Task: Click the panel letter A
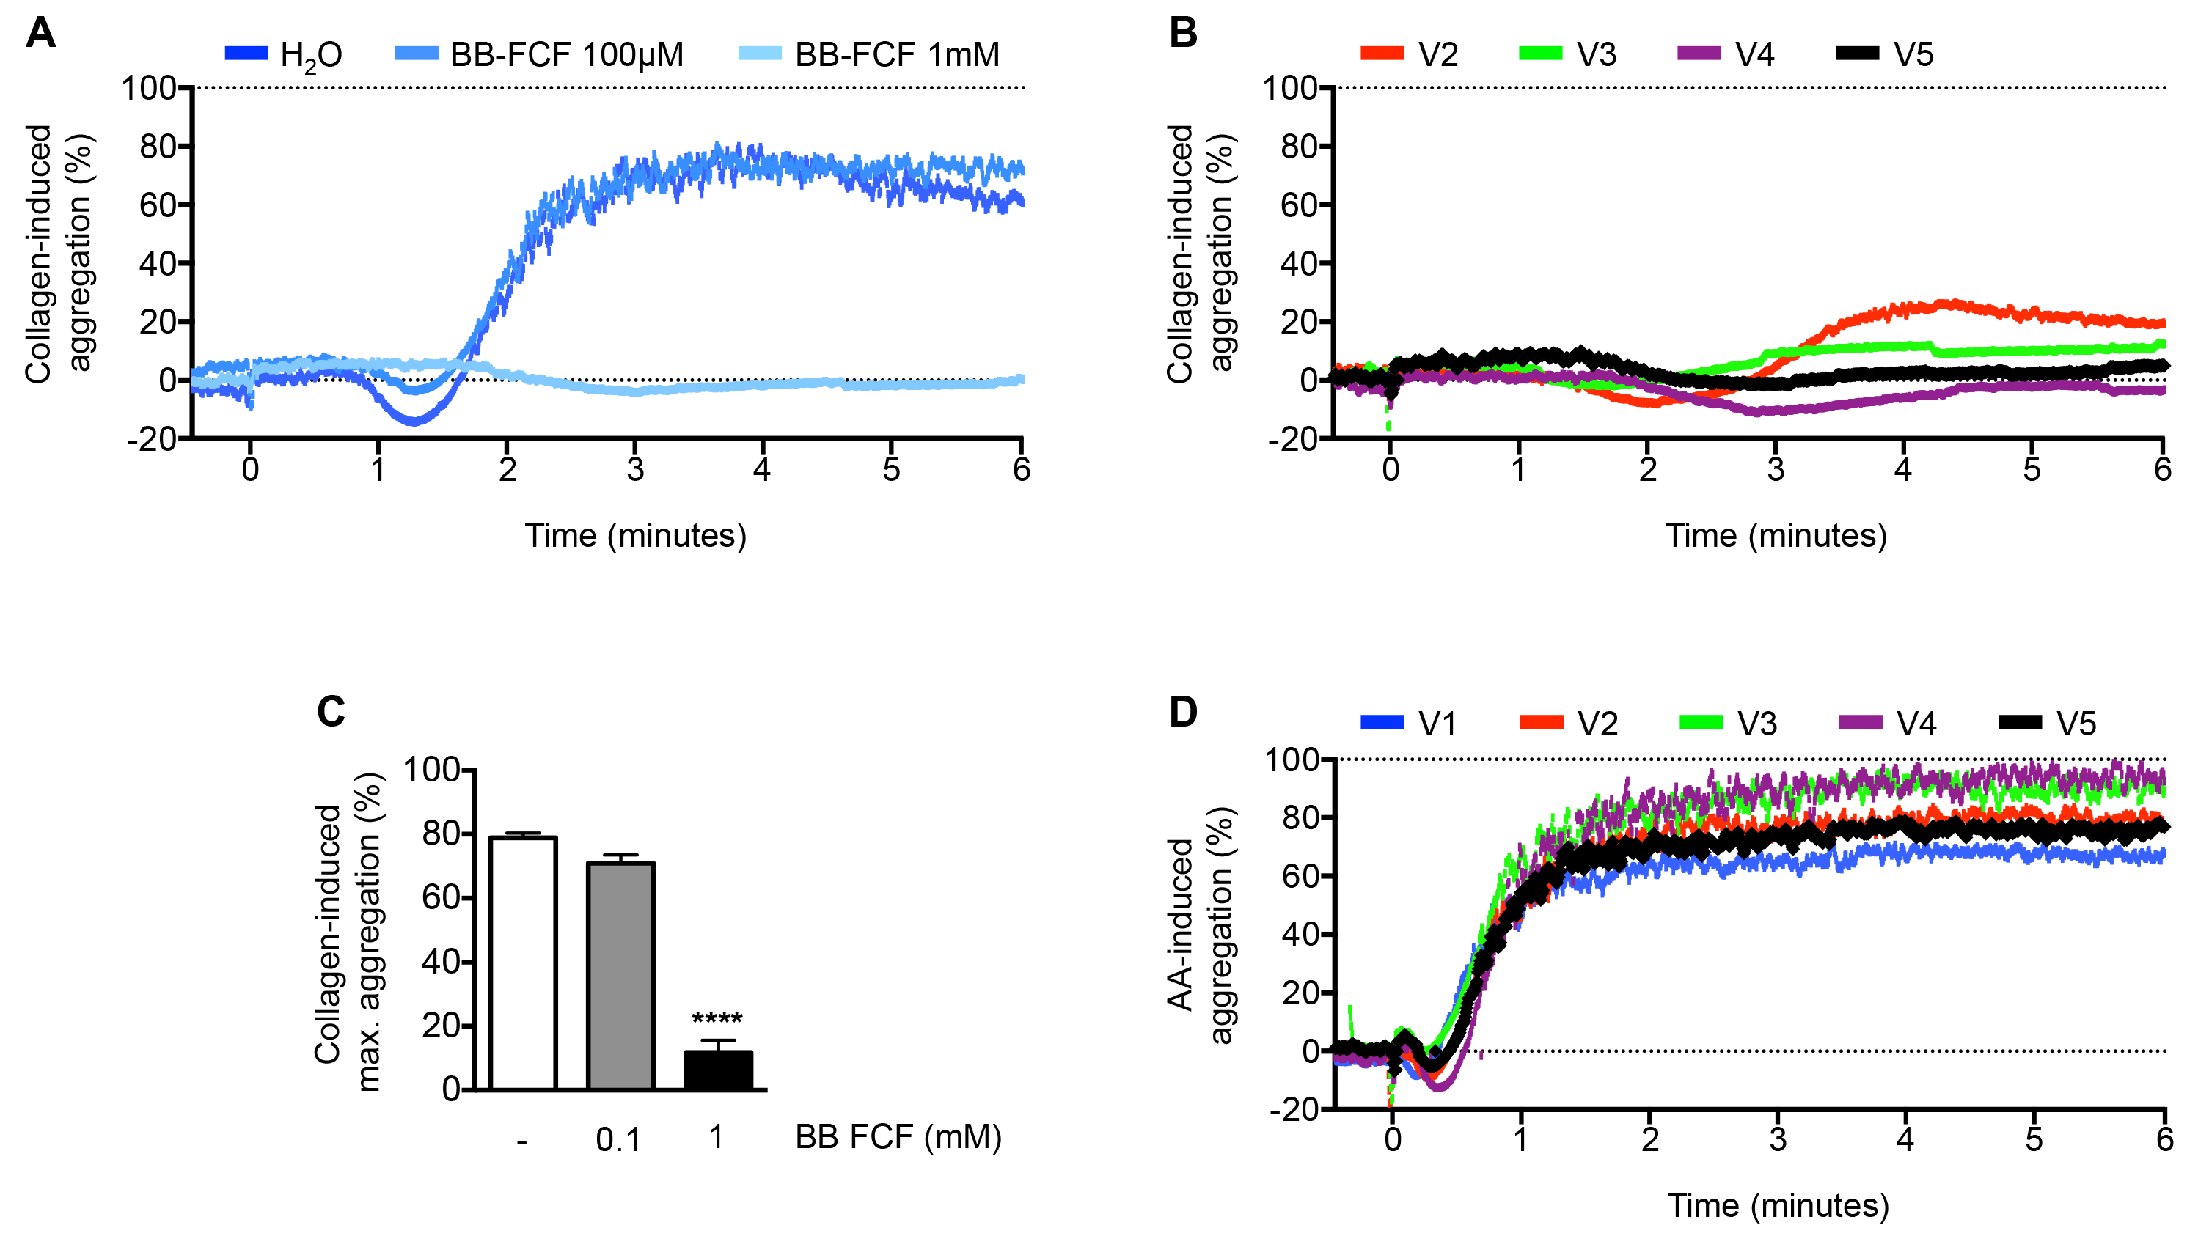click(40, 34)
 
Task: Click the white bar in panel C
click(523, 963)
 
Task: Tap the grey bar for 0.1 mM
click(620, 976)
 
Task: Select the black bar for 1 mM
click(717, 1070)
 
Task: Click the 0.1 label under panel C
click(618, 1141)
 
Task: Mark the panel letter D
click(1183, 712)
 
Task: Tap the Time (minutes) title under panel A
click(635, 536)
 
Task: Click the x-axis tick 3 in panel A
click(635, 470)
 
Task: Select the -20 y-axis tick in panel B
click(1292, 440)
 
